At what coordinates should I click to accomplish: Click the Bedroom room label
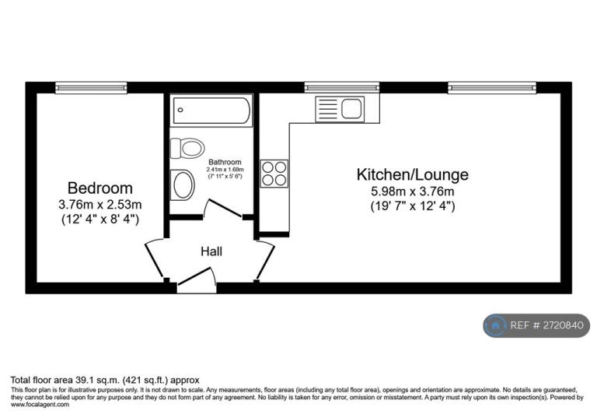100,188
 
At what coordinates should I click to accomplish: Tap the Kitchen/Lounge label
412,174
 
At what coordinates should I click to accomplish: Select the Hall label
211,251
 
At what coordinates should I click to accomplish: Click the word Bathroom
225,162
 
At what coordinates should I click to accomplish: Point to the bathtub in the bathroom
211,111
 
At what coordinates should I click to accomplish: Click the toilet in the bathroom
187,148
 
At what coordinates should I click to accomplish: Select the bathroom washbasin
183,184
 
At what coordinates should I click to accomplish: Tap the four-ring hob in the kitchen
274,174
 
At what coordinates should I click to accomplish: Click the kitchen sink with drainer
340,109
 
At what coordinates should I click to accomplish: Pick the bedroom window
91,88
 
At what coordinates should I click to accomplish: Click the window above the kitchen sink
342,87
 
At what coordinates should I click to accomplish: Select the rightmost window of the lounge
492,87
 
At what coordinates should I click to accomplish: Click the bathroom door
224,209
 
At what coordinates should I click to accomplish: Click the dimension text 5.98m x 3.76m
412,191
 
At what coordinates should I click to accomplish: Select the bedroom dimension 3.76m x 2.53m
100,205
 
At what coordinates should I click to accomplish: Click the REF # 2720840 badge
536,325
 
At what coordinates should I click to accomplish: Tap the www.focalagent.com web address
40,404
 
